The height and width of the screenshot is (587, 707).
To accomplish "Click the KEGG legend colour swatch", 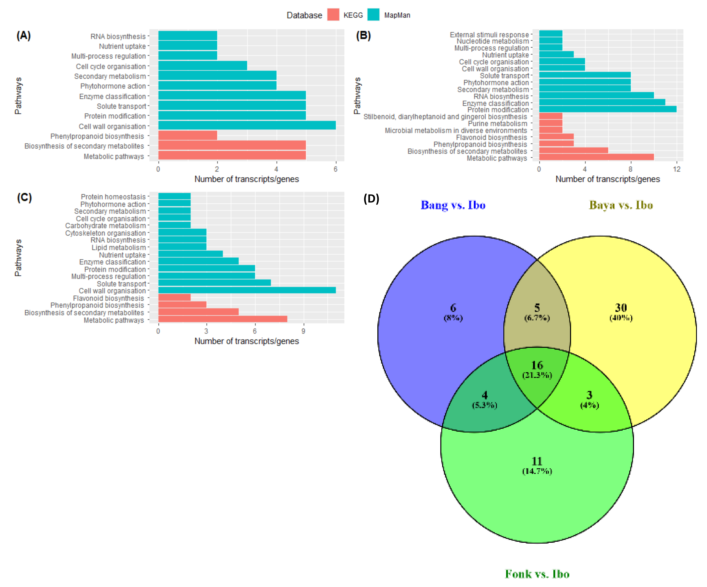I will [x=333, y=15].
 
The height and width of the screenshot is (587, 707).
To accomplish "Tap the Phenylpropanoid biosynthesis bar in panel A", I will [x=188, y=135].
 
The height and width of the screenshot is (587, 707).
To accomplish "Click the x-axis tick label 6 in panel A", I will [x=335, y=169].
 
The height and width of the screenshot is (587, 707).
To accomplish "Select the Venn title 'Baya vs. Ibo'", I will [x=621, y=205].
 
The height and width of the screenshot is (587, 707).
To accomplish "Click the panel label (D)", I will [x=371, y=199].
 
